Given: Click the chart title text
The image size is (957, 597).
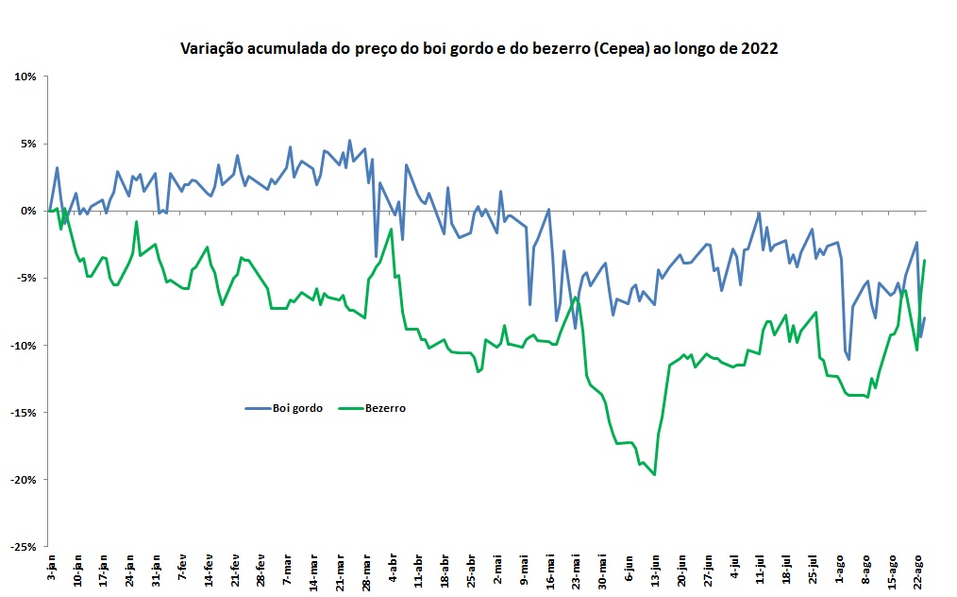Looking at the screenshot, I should (478, 49).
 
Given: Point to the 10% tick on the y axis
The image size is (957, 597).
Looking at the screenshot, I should (25, 77).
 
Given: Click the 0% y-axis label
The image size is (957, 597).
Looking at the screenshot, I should (27, 211).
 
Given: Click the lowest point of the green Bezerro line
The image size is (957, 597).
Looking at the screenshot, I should (654, 474).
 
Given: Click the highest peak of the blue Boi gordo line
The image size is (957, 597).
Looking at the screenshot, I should (350, 141).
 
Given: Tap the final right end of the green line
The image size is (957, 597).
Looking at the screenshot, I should (925, 261).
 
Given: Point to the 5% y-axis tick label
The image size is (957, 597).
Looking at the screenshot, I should (27, 144).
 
